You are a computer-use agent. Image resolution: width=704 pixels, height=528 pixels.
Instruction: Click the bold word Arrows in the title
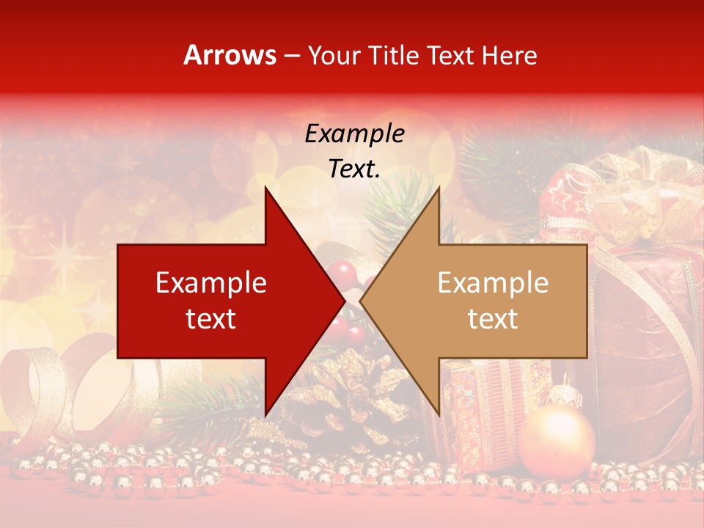230,55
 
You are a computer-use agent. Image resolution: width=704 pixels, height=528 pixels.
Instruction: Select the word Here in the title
508,55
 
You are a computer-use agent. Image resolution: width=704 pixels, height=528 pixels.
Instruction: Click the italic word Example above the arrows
354,134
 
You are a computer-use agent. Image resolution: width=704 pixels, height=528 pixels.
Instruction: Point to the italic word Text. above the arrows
354,169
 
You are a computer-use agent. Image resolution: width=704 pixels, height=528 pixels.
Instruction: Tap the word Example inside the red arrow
211,283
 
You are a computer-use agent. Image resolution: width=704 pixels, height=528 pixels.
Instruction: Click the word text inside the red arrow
211,319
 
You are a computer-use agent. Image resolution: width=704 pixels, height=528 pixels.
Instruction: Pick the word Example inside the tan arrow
493,283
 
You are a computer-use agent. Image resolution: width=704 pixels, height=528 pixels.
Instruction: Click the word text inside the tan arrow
493,319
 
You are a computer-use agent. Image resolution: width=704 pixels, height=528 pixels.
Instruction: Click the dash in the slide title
291,56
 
